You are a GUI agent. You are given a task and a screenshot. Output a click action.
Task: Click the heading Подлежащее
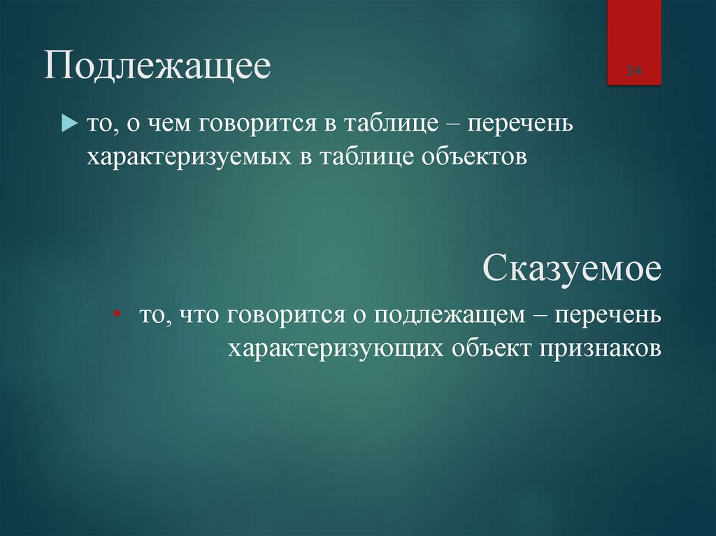coord(158,70)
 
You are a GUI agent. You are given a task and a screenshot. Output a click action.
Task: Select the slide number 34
coord(633,71)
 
